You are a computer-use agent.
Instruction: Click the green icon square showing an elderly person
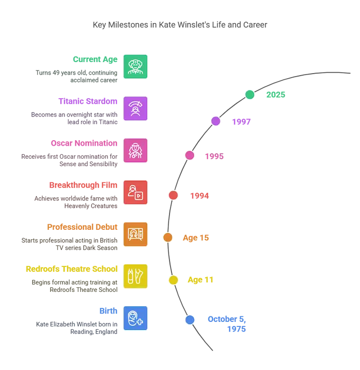[x=135, y=67]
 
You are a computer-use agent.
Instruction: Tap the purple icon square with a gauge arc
[x=135, y=108]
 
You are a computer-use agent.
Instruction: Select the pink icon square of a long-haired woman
[x=135, y=150]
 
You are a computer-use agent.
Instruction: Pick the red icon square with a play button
[x=135, y=192]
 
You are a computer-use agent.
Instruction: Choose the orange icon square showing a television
[x=135, y=234]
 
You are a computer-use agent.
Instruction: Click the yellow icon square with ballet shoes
[x=135, y=276]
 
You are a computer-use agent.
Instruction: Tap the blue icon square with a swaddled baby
[x=135, y=318]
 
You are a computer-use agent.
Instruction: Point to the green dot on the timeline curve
[x=250, y=94]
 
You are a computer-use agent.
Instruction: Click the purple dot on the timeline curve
[x=216, y=121]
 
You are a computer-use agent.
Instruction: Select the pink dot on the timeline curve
[x=189, y=155]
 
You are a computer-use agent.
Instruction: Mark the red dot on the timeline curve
[x=173, y=195]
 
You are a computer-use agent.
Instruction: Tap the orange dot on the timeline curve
[x=168, y=238]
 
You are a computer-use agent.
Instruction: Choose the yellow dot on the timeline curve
[x=173, y=280]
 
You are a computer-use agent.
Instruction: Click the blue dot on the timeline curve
[x=189, y=320]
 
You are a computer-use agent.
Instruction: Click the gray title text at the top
[x=181, y=25]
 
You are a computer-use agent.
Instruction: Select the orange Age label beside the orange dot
[x=195, y=238]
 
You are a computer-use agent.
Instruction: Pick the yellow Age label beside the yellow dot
[x=200, y=280]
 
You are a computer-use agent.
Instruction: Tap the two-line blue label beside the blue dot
[x=227, y=323]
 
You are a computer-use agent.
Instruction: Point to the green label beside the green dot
[x=275, y=94]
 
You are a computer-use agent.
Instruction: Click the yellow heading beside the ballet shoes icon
[x=71, y=269]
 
